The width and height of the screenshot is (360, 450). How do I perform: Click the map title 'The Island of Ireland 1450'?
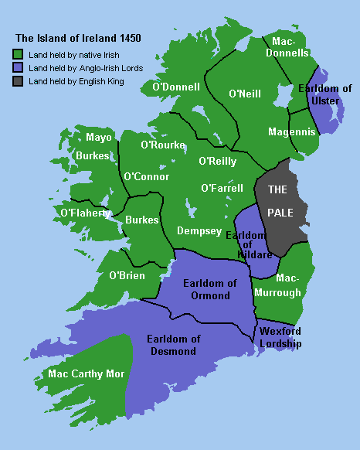click(79, 37)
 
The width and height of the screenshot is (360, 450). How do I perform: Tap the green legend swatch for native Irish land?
click(19, 54)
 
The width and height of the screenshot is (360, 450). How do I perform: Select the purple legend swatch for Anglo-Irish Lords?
click(19, 68)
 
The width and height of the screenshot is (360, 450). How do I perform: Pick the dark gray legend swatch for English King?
click(19, 82)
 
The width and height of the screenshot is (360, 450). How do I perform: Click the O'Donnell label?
click(177, 87)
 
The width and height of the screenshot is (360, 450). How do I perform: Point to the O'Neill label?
click(245, 94)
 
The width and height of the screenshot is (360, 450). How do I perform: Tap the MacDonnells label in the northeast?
click(287, 46)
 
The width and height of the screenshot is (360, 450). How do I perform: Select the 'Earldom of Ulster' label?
click(325, 95)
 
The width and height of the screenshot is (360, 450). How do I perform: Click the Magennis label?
click(292, 132)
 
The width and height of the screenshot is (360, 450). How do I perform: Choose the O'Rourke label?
click(162, 145)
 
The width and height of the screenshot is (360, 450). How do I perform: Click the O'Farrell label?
click(222, 188)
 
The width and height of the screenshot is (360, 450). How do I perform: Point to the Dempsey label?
click(199, 230)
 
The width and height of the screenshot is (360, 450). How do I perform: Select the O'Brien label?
click(127, 275)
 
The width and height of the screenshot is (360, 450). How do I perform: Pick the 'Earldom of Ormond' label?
click(205, 289)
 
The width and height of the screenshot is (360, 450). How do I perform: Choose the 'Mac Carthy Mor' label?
click(86, 373)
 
